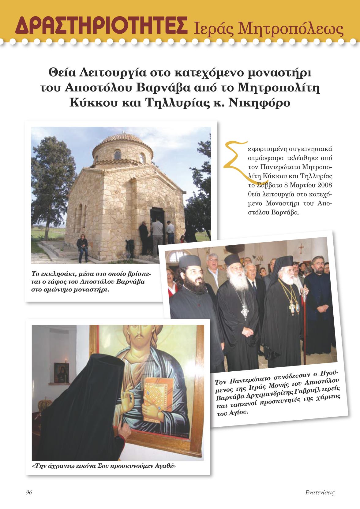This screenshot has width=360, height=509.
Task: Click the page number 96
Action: [x=29, y=492]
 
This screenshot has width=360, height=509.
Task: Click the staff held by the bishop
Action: [x=304, y=309]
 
